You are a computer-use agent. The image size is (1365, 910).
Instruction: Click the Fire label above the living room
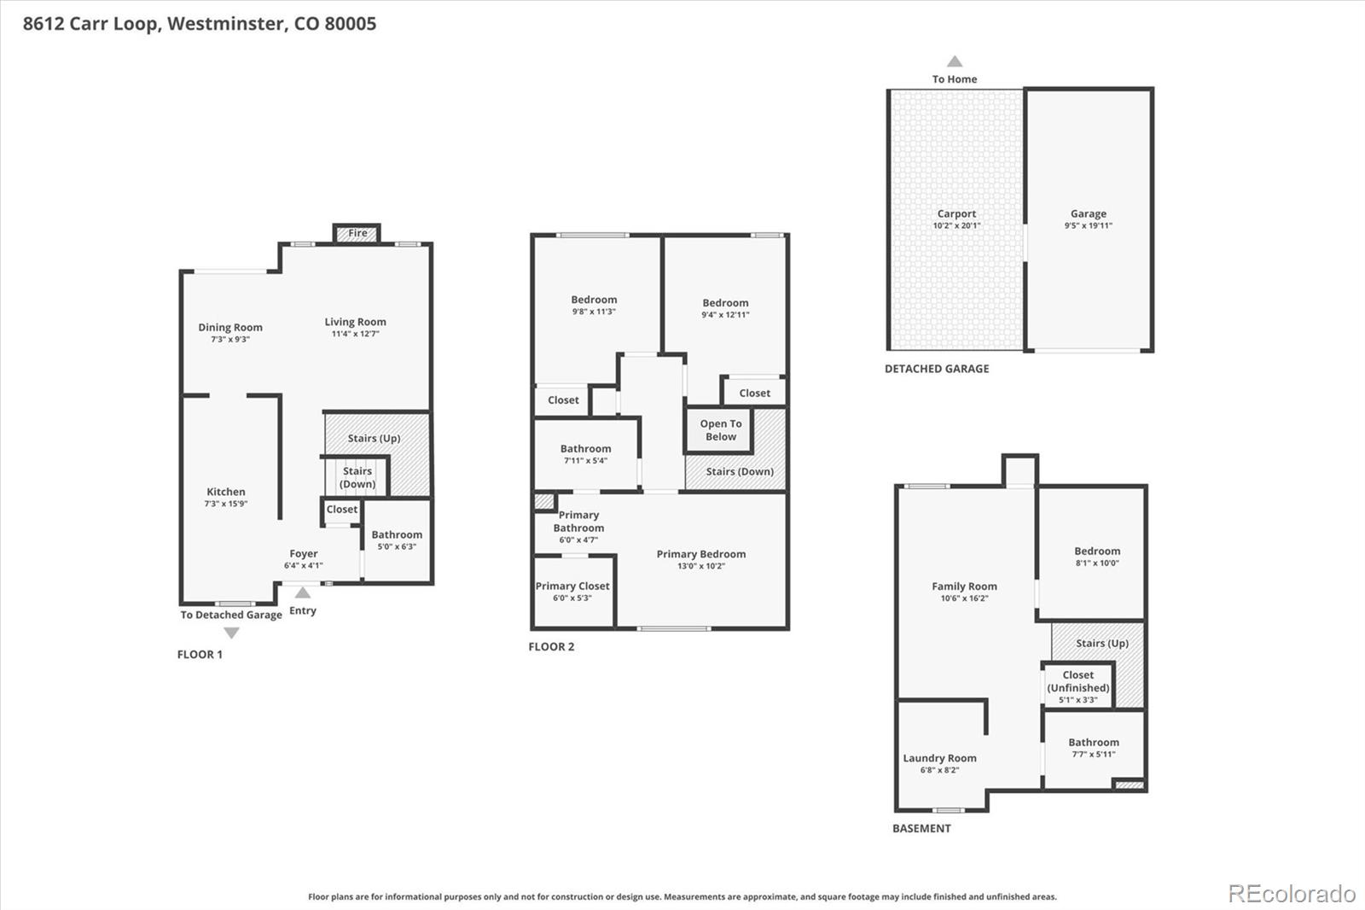pyautogui.click(x=357, y=233)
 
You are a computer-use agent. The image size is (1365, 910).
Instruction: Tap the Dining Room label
pyautogui.click(x=230, y=327)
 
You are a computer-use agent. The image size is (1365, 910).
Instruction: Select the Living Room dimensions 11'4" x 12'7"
pyautogui.click(x=355, y=334)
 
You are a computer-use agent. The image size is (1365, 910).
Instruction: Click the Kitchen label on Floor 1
pyautogui.click(x=226, y=492)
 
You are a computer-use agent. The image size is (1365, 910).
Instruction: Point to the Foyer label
pyautogui.click(x=303, y=554)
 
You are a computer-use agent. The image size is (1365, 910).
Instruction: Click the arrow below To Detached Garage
pyautogui.click(x=231, y=633)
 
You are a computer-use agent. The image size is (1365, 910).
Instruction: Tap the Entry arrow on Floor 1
pyautogui.click(x=303, y=592)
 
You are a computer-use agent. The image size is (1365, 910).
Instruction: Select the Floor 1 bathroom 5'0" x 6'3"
pyautogui.click(x=397, y=546)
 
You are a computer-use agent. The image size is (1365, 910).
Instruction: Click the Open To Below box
pyautogui.click(x=720, y=430)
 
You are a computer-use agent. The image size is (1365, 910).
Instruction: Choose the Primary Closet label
pyautogui.click(x=572, y=586)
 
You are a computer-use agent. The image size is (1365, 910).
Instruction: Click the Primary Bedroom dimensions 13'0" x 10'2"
pyautogui.click(x=700, y=566)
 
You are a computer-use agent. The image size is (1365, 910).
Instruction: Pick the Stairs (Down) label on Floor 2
pyautogui.click(x=740, y=471)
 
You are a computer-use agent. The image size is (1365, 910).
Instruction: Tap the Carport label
pyautogui.click(x=956, y=214)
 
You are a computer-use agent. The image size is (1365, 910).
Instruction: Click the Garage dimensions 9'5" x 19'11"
pyautogui.click(x=1088, y=225)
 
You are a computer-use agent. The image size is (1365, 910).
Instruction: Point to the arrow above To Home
pyautogui.click(x=955, y=61)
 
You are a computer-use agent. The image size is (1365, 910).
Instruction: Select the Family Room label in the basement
pyautogui.click(x=964, y=586)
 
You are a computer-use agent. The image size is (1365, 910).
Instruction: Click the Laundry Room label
pyautogui.click(x=939, y=758)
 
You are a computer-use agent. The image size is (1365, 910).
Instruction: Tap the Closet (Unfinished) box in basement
pyautogui.click(x=1077, y=685)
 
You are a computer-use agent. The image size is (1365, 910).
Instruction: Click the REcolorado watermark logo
pyautogui.click(x=1291, y=894)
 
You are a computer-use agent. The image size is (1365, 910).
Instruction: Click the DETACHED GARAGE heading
pyautogui.click(x=937, y=369)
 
